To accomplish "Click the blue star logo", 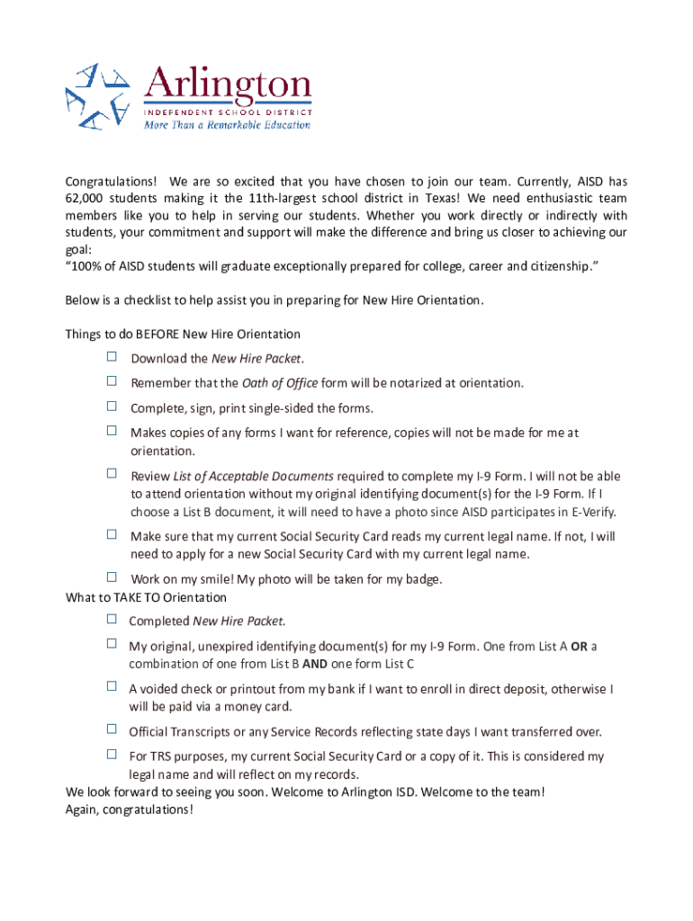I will click(x=95, y=95).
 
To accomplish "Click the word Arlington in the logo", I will click(x=228, y=86).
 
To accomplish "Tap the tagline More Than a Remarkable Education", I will click(x=227, y=125).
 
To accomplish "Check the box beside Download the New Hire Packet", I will click(x=112, y=357).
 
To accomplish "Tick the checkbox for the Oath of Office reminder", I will click(x=112, y=381).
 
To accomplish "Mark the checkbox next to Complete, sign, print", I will click(x=112, y=407).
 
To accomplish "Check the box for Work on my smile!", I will click(x=112, y=577).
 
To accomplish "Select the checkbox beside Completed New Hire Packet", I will click(x=112, y=619).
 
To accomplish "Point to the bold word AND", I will click(x=314, y=664).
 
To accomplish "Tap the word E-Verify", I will click(x=589, y=512).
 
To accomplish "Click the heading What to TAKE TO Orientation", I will click(x=146, y=597).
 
